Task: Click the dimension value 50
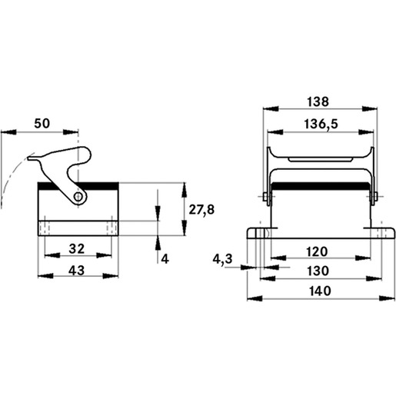(x=42, y=124)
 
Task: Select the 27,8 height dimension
(x=201, y=210)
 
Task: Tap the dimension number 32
(x=77, y=248)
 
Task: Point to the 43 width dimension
(x=77, y=271)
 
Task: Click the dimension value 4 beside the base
(x=165, y=259)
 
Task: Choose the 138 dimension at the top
(x=318, y=101)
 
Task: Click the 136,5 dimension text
(x=321, y=125)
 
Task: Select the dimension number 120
(x=317, y=251)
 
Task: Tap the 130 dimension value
(x=318, y=271)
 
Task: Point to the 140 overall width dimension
(x=320, y=291)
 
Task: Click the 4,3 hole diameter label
(x=222, y=259)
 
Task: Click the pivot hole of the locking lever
(x=78, y=197)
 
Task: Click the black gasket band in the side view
(x=78, y=186)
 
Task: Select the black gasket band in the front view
(x=321, y=186)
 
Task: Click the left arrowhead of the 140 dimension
(x=255, y=298)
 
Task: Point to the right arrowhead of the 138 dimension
(x=370, y=108)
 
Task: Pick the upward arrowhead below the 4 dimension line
(x=158, y=242)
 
